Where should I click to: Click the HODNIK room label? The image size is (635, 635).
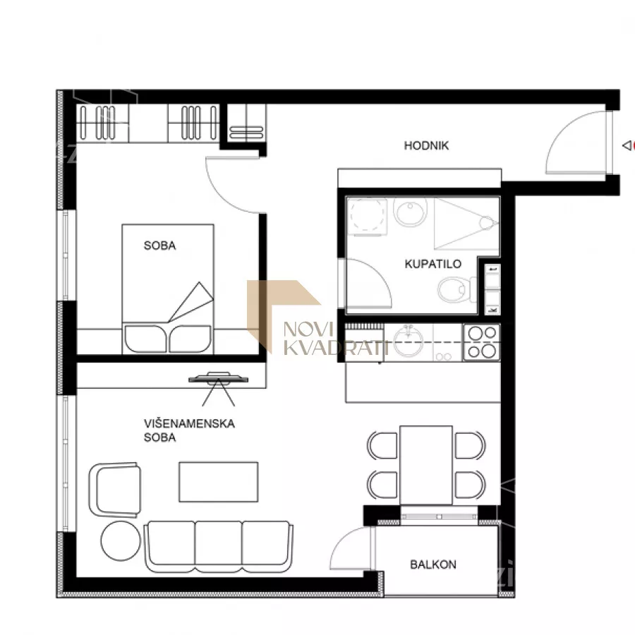(x=426, y=145)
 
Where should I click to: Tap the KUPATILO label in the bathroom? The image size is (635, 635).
(x=433, y=264)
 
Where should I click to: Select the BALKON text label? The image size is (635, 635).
(x=433, y=564)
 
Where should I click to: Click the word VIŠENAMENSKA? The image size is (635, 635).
(x=189, y=423)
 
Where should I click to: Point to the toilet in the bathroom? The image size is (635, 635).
(x=456, y=289)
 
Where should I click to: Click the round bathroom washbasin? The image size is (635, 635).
(x=411, y=212)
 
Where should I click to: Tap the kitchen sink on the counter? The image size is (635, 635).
(x=409, y=341)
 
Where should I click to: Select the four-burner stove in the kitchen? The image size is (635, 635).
(x=481, y=343)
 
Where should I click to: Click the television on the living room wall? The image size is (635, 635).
(x=218, y=378)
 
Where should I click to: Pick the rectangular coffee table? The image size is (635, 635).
(x=218, y=481)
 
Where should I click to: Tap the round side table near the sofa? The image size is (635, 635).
(x=120, y=540)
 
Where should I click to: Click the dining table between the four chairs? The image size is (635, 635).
(x=425, y=465)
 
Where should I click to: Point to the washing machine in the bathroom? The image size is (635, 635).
(x=367, y=216)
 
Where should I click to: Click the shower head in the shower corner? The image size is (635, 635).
(x=486, y=223)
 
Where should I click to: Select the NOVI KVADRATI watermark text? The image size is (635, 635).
(x=335, y=338)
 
